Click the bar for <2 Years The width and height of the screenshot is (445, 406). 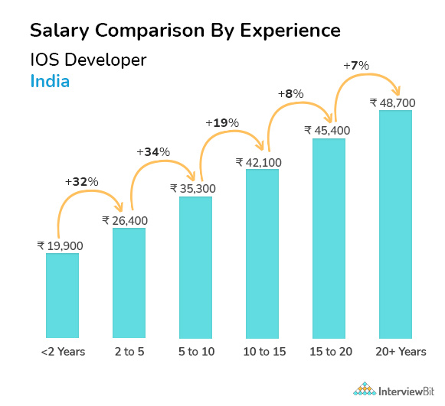[x=62, y=295]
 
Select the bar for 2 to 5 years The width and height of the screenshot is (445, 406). [x=129, y=283]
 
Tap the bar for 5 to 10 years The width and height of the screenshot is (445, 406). [x=195, y=267]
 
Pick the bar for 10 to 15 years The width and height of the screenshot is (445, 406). [x=262, y=253]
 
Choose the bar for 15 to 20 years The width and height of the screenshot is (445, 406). [x=329, y=238]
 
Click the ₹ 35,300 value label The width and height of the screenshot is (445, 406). [x=193, y=189]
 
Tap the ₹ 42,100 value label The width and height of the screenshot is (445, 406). [x=260, y=161]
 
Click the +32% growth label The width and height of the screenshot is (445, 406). [x=81, y=182]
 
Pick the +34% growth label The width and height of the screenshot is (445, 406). [x=152, y=152]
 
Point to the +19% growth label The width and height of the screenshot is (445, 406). [x=222, y=122]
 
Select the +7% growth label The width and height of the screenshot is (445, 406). [x=355, y=66]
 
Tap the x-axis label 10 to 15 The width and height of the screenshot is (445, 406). [x=262, y=352]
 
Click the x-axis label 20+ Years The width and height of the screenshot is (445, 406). [x=395, y=352]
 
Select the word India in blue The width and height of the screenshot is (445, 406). [x=50, y=80]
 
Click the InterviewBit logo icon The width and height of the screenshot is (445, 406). [x=365, y=388]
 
